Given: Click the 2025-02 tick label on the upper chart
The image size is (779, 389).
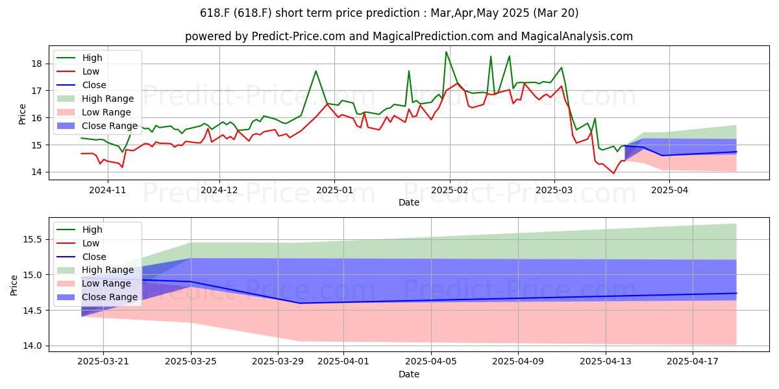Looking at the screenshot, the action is pos(450,190).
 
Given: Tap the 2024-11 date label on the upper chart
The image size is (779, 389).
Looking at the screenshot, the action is pos(108,190).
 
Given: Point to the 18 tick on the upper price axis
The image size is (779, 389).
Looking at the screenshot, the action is pos(36,64).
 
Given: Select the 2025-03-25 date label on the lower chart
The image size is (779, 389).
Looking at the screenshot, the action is pos(191,361).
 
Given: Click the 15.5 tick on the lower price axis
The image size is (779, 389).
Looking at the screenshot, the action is pos(32,239).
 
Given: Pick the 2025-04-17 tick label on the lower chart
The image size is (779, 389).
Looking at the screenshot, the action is pos(693,361).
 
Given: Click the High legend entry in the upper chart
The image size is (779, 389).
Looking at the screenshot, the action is pos(92,58).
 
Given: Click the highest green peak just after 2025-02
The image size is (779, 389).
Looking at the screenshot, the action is pos(446,52).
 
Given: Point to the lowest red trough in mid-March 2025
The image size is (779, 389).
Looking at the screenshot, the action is pos(613,173).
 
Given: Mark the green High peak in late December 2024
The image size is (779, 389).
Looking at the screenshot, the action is pos(315,71).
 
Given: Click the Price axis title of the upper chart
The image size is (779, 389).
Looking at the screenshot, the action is pos(22,114).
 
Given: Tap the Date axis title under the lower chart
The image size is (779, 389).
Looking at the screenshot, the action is pos(408,374).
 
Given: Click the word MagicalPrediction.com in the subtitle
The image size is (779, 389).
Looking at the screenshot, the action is pos(433,36).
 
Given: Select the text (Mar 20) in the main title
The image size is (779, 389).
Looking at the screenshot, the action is pos(556,13).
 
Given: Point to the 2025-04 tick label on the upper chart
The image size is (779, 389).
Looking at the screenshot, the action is pos(669,190).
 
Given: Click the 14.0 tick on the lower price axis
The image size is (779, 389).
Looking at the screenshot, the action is pos(32,346).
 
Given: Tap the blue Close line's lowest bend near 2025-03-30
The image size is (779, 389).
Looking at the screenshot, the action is pos(300,303).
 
